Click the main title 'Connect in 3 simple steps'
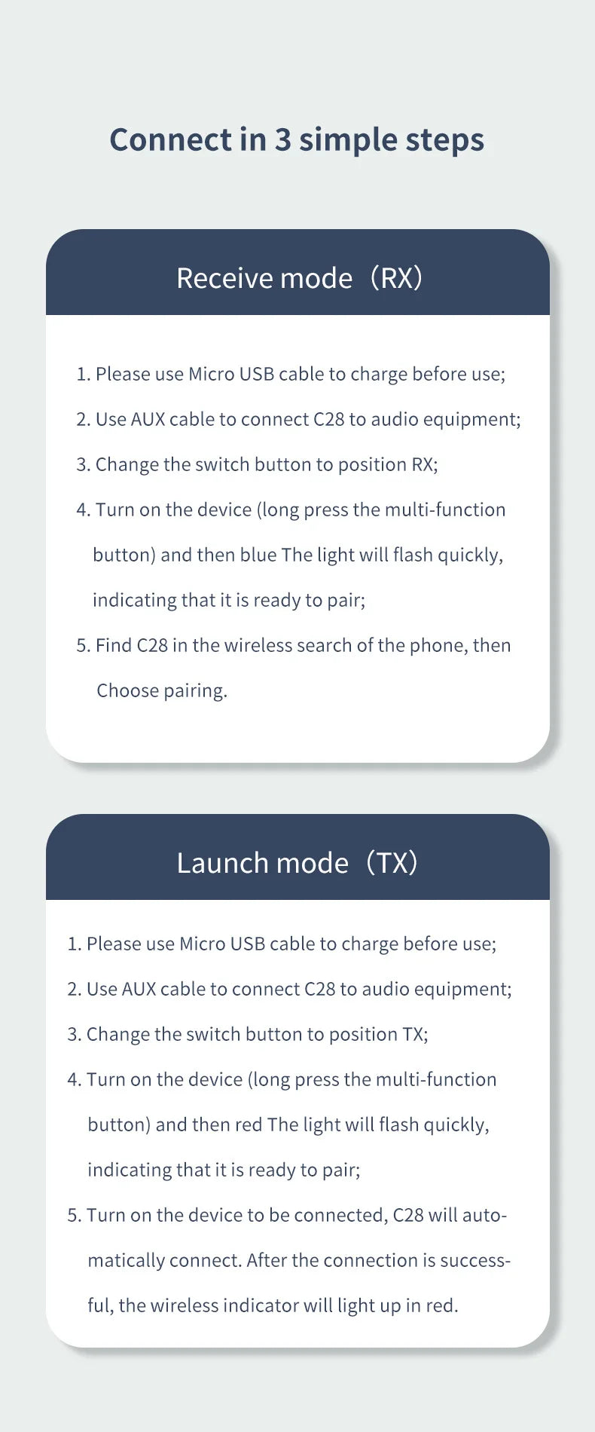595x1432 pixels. click(x=297, y=140)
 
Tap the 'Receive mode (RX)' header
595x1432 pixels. click(x=299, y=278)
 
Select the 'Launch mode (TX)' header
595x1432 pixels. click(x=297, y=863)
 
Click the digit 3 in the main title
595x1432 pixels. click(x=282, y=139)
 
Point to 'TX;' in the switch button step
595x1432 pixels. click(x=415, y=1034)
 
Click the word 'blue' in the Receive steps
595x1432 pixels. click(x=258, y=555)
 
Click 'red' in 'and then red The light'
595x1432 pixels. click(x=249, y=1124)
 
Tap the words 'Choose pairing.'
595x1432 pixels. click(x=162, y=691)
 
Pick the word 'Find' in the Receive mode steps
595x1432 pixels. click(x=114, y=645)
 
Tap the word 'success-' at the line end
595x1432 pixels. click(x=475, y=1260)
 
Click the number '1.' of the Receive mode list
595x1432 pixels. click(x=83, y=374)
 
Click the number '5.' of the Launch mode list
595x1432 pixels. click(x=74, y=1215)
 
